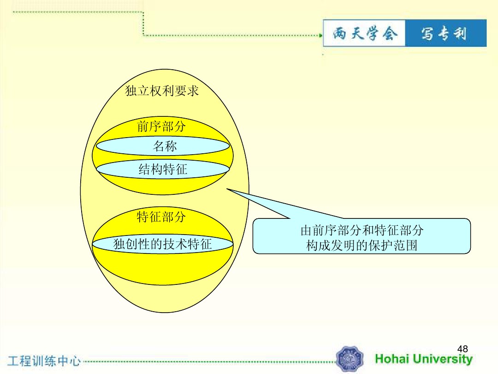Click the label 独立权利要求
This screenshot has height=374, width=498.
(162, 91)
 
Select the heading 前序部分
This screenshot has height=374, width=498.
(161, 126)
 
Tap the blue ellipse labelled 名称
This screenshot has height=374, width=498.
(163, 146)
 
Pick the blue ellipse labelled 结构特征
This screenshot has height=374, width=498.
(163, 169)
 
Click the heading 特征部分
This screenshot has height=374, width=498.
(161, 217)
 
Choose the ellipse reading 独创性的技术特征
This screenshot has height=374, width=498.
(163, 244)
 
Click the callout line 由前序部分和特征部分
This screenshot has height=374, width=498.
(362, 230)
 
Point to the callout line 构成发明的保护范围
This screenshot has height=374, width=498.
(362, 245)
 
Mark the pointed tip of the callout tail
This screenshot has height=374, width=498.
(227, 189)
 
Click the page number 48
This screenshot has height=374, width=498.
(462, 349)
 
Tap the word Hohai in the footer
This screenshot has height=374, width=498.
(392, 359)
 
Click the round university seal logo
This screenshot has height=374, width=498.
(350, 359)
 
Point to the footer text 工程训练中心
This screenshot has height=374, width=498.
(44, 361)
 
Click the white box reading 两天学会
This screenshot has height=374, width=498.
(364, 33)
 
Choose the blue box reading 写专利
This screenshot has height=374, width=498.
(446, 33)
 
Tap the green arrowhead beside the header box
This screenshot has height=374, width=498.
(320, 35)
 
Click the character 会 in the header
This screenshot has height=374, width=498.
(390, 33)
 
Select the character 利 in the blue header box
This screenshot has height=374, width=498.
(460, 34)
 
